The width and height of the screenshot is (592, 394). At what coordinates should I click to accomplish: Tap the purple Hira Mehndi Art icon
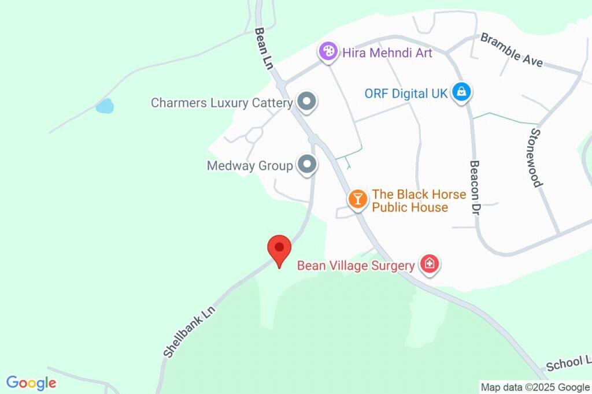[x=328, y=52]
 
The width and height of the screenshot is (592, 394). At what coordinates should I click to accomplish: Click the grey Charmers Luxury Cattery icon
[x=306, y=102]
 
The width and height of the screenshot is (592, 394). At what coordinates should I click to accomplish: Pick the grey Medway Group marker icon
[x=306, y=165]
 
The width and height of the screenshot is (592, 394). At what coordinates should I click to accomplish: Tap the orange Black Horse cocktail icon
[x=358, y=199]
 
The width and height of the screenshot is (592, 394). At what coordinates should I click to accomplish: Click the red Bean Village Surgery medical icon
[x=429, y=265]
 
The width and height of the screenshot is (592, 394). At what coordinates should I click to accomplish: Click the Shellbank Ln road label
[x=188, y=332]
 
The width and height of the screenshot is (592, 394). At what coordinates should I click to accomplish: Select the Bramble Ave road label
[x=512, y=50]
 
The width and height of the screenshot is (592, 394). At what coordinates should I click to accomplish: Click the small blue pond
[x=105, y=106]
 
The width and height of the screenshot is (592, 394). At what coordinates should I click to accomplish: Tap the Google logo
[x=31, y=382]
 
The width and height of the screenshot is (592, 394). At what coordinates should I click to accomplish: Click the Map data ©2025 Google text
[x=535, y=387]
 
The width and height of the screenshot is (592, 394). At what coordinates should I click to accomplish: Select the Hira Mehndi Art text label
[x=386, y=53]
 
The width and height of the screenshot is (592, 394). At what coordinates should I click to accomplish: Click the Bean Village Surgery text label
[x=356, y=266]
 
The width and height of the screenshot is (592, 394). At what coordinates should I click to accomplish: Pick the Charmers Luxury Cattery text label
[x=221, y=103]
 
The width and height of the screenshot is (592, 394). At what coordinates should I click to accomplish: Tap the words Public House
[x=410, y=207]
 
